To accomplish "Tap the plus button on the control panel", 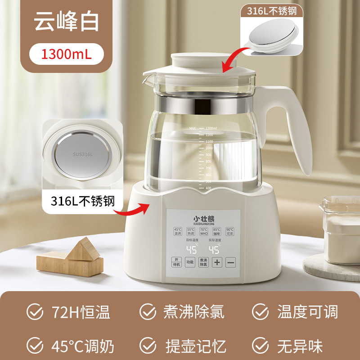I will point(217,262).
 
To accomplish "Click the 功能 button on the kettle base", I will point(190,262).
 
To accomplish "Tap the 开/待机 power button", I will point(176,262).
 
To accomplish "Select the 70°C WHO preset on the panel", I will point(204,231).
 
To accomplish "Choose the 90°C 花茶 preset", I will point(230,231).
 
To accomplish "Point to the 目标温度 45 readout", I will point(192,249).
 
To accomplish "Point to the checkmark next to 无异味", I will point(260,346).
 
